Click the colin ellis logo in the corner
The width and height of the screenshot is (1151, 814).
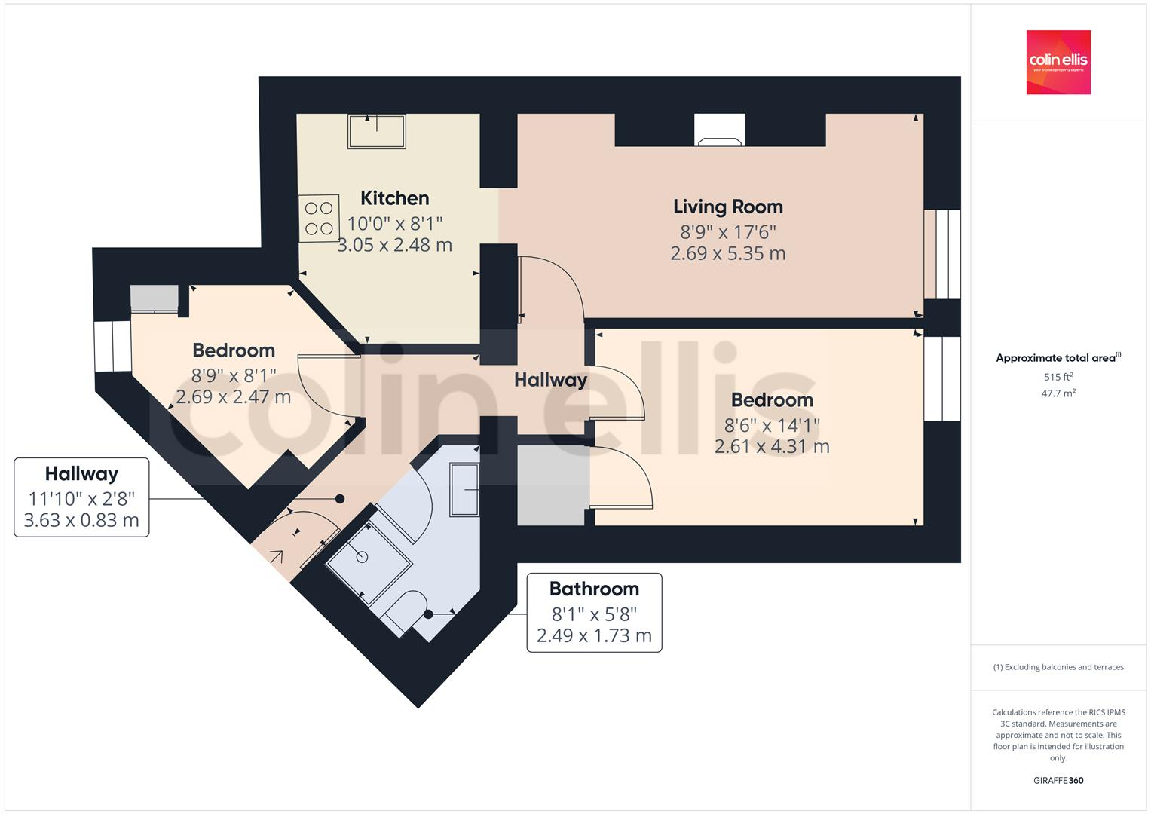(1058, 62)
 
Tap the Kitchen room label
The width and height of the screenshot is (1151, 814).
(394, 198)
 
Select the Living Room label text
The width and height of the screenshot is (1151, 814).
(727, 207)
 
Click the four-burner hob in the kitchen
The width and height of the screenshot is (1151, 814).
(319, 219)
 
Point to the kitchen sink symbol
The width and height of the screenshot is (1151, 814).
(376, 131)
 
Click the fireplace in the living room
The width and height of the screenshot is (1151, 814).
(719, 130)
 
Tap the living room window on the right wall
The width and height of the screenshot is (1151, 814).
(942, 254)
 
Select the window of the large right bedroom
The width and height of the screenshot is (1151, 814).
(942, 378)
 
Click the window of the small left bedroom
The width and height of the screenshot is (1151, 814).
(112, 347)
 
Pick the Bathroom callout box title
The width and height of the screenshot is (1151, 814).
(594, 589)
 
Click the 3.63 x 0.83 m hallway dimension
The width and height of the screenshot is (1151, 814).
(81, 520)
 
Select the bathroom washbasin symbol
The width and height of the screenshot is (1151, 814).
(464, 491)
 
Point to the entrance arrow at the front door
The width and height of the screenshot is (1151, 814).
(276, 557)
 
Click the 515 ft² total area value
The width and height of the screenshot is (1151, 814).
(1058, 377)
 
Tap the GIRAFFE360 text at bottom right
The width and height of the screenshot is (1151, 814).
(1058, 780)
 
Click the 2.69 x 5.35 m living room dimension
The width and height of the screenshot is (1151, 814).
(727, 253)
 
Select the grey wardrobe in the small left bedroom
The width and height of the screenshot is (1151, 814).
(155, 298)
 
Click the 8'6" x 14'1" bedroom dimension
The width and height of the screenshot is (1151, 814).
(772, 424)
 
